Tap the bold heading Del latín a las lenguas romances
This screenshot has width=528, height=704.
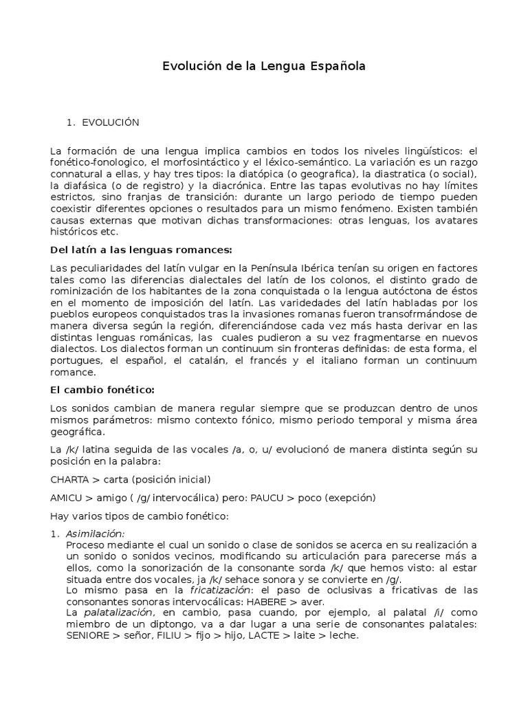pyautogui.click(x=142, y=249)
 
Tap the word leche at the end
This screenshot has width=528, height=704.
pyautogui.click(x=344, y=636)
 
